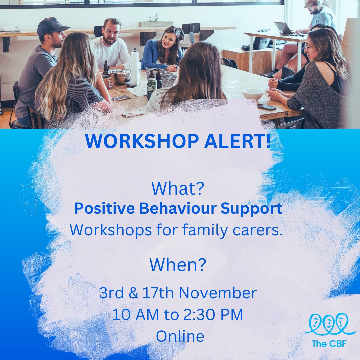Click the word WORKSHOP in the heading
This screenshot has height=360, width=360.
[x=142, y=141]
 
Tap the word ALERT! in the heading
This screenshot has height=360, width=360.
[x=238, y=141]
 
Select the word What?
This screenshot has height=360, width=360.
[x=178, y=188]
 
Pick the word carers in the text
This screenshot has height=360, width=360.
[x=257, y=230]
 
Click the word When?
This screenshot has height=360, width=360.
[x=178, y=265]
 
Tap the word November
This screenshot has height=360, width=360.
[x=218, y=293]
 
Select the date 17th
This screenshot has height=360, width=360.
[x=158, y=293]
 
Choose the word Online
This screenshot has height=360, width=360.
[x=180, y=336]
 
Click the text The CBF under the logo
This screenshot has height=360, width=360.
[x=329, y=344]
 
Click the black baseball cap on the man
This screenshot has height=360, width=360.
[x=52, y=26]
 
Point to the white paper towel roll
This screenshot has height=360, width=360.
[x=135, y=68]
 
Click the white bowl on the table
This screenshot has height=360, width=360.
[x=253, y=94]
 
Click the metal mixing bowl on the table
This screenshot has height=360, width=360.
[x=120, y=76]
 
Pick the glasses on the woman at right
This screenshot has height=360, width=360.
[x=310, y=47]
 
